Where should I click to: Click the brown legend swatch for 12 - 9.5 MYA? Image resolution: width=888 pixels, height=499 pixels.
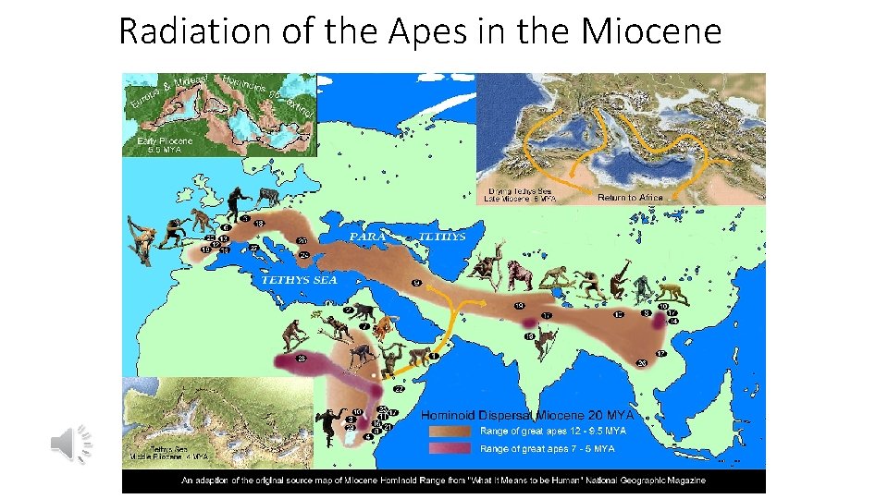pyautogui.click(x=450, y=431)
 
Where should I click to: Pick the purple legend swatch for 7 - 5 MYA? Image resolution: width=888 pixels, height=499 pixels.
pyautogui.click(x=450, y=449)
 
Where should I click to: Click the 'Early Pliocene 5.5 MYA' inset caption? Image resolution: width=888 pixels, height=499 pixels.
pyautogui.click(x=165, y=145)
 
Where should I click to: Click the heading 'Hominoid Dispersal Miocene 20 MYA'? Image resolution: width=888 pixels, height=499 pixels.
pyautogui.click(x=524, y=415)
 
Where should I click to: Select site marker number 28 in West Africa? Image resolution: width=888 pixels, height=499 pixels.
pyautogui.click(x=300, y=358)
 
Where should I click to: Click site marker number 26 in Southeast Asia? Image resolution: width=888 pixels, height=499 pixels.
pyautogui.click(x=642, y=363)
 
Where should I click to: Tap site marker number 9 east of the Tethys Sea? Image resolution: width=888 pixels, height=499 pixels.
pyautogui.click(x=416, y=282)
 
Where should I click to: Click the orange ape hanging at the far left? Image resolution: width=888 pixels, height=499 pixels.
pyautogui.click(x=142, y=241)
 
